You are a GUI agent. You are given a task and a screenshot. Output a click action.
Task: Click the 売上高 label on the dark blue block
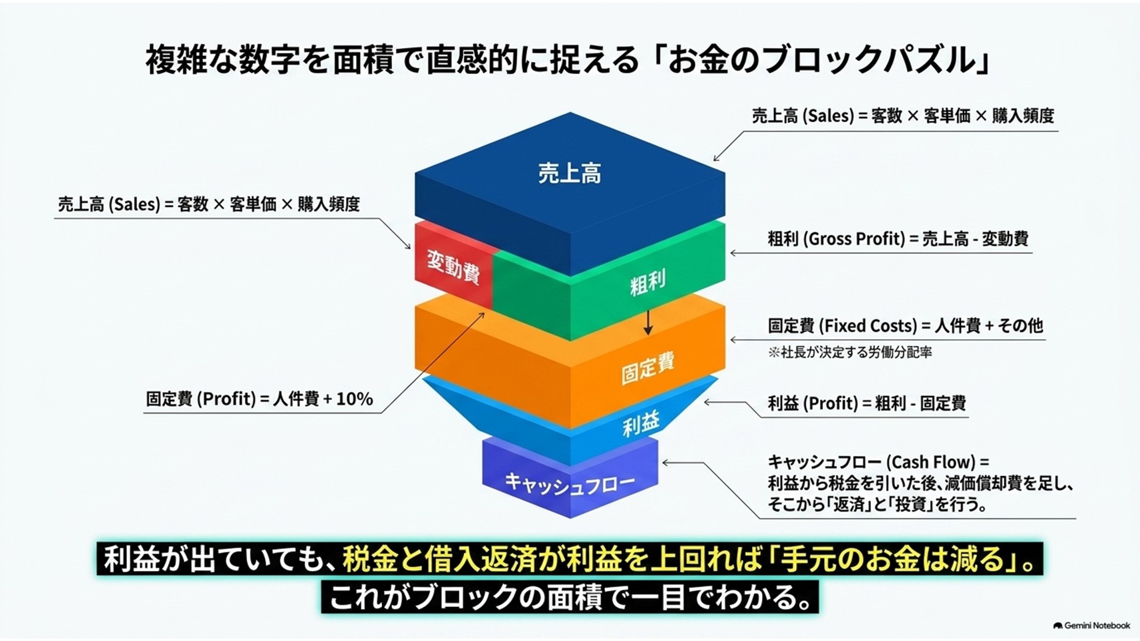(x=570, y=173)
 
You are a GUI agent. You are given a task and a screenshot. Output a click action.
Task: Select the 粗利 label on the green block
(x=647, y=283)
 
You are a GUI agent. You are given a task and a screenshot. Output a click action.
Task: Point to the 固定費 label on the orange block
(x=648, y=368)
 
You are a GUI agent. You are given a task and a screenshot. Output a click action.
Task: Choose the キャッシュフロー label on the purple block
(x=570, y=483)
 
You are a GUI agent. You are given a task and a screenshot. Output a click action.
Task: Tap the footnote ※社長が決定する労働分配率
(x=850, y=352)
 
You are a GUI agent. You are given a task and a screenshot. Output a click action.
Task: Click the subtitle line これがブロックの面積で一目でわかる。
(x=570, y=597)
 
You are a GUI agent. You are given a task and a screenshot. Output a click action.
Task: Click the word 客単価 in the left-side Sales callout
(x=253, y=204)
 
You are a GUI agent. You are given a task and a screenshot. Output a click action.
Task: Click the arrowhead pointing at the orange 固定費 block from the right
(x=733, y=340)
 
